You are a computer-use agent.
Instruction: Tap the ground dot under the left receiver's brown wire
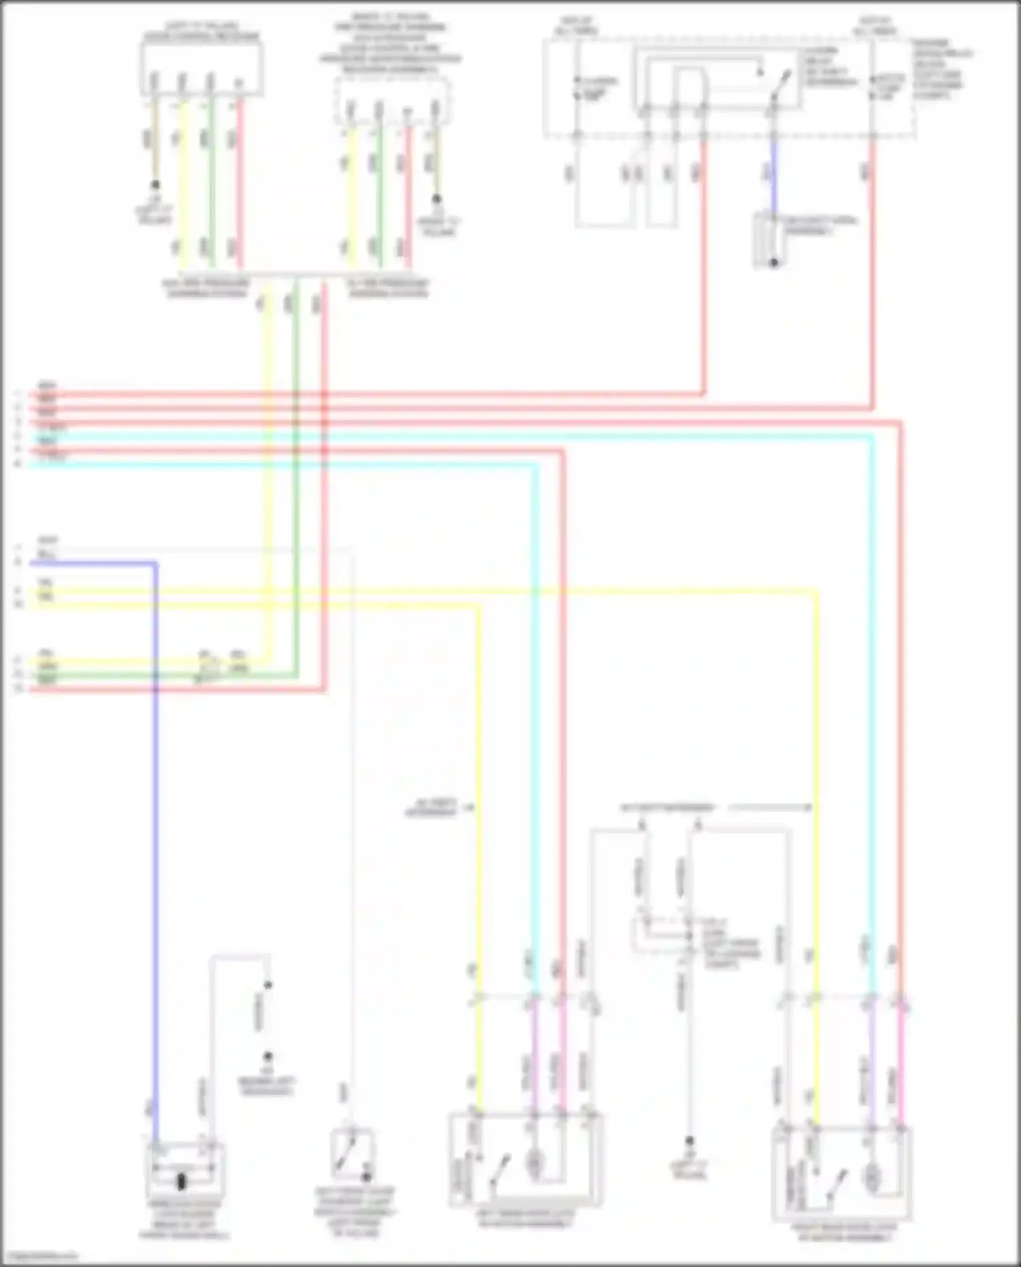[155, 185]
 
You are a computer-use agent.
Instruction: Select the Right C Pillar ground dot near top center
[436, 199]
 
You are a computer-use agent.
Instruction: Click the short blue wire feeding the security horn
[773, 174]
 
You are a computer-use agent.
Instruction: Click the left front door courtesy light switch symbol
[352, 1153]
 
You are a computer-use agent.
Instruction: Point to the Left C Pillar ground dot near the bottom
[689, 1141]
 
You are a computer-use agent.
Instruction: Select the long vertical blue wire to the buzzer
[156, 851]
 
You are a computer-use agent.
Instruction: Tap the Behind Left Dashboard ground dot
[268, 1057]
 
